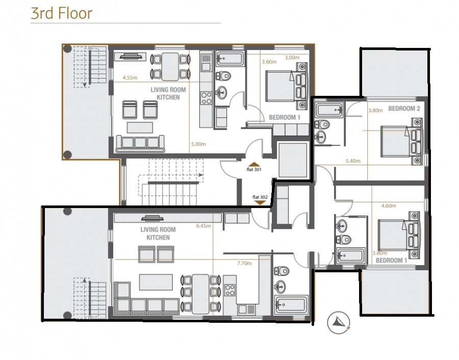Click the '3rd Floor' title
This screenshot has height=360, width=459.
61,13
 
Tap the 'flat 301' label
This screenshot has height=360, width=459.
254,170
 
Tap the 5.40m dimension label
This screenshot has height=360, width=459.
353,161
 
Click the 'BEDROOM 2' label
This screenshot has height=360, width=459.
404,109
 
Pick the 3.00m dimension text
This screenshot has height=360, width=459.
292,58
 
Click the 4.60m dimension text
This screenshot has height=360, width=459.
389,207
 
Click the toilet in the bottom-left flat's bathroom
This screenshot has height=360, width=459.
282,271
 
